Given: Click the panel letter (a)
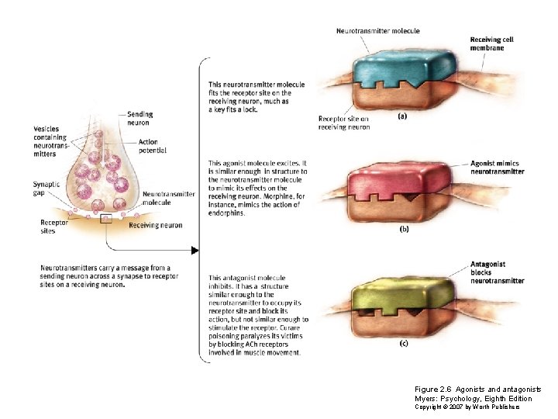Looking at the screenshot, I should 403,116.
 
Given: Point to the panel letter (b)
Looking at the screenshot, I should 404,230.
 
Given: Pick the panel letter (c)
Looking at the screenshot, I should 404,344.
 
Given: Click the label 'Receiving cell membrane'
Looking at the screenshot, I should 491,43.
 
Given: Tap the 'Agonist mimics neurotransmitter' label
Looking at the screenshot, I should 497,168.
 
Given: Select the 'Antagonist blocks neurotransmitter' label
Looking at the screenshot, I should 497,272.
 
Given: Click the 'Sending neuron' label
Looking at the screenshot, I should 139,118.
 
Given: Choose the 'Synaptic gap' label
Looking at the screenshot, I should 46,188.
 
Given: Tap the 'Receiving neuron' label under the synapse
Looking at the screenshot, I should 156,226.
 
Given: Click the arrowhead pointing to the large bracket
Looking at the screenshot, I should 195,251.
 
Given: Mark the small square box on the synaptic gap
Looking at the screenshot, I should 106,219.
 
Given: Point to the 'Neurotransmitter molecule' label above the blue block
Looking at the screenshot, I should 377,31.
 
